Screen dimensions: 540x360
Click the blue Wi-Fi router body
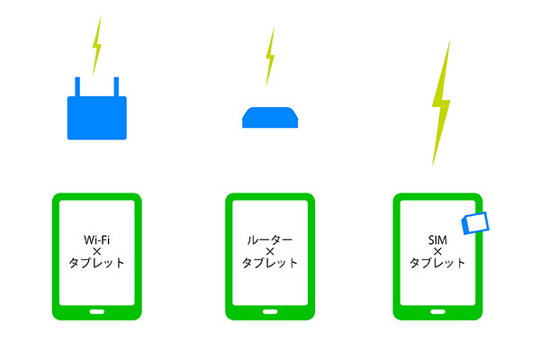(x=97, y=118)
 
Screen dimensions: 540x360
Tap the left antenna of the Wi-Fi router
(x=77, y=86)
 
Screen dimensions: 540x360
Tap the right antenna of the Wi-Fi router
(x=116, y=86)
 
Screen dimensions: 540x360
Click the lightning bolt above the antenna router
(x=97, y=46)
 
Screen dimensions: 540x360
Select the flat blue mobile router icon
(x=270, y=118)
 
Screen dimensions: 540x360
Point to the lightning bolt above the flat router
(x=270, y=56)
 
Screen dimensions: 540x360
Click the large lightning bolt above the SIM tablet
(x=441, y=103)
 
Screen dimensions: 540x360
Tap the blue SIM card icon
(x=475, y=223)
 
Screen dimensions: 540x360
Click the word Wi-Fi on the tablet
(x=97, y=239)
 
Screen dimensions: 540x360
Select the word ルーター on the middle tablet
(x=270, y=239)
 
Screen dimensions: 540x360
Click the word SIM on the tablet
(x=437, y=239)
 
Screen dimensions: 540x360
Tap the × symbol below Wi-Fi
(x=97, y=251)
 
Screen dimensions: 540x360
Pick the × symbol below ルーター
(x=270, y=251)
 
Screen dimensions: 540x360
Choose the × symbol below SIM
(x=437, y=251)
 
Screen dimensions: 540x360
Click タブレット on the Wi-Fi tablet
(x=97, y=263)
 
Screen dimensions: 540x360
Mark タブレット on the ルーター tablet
(x=270, y=263)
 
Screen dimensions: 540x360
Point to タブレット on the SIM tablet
(x=437, y=263)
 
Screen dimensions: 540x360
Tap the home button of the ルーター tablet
(x=270, y=311)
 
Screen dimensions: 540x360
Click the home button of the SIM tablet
(x=437, y=311)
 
